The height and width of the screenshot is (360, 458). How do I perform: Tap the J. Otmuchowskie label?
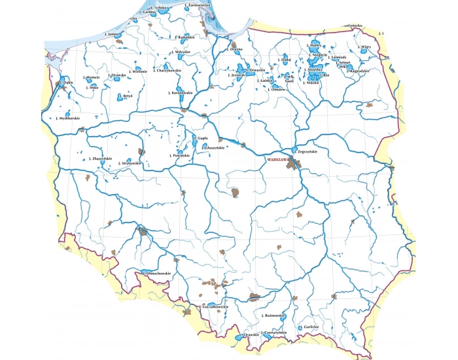point(157,273)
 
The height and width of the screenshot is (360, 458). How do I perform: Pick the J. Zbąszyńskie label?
point(101,158)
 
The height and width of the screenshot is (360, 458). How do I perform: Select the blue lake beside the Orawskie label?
point(236,338)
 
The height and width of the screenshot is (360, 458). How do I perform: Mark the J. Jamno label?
point(114,33)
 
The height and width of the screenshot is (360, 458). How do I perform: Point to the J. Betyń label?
point(128,96)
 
